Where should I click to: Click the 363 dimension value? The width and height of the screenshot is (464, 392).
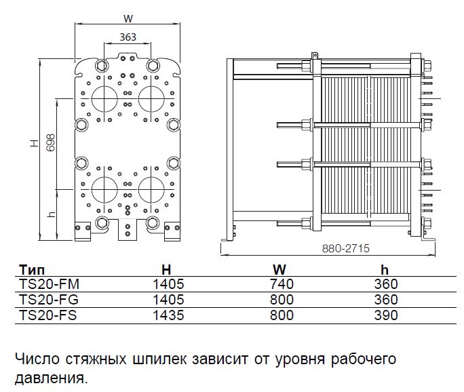[x=128, y=37]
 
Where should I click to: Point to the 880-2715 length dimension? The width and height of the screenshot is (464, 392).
[x=346, y=249]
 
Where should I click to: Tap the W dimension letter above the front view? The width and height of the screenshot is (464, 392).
[x=127, y=18]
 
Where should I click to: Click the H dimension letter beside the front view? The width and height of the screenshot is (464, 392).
[x=33, y=144]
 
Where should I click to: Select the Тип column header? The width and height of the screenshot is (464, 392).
[x=32, y=269]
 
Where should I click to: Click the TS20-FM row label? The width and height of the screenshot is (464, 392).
[x=45, y=284]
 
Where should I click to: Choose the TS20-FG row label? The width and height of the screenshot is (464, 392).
[x=45, y=299]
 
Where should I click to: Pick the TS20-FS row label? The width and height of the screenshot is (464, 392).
[x=45, y=315]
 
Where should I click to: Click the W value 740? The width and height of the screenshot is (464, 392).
[x=281, y=284]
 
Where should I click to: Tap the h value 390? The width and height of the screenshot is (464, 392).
[x=386, y=315]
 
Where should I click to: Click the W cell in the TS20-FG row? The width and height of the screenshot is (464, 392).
[x=281, y=299]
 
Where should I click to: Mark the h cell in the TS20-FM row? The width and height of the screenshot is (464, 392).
[x=386, y=284]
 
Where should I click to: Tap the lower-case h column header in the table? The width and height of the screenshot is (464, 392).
[x=385, y=269]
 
